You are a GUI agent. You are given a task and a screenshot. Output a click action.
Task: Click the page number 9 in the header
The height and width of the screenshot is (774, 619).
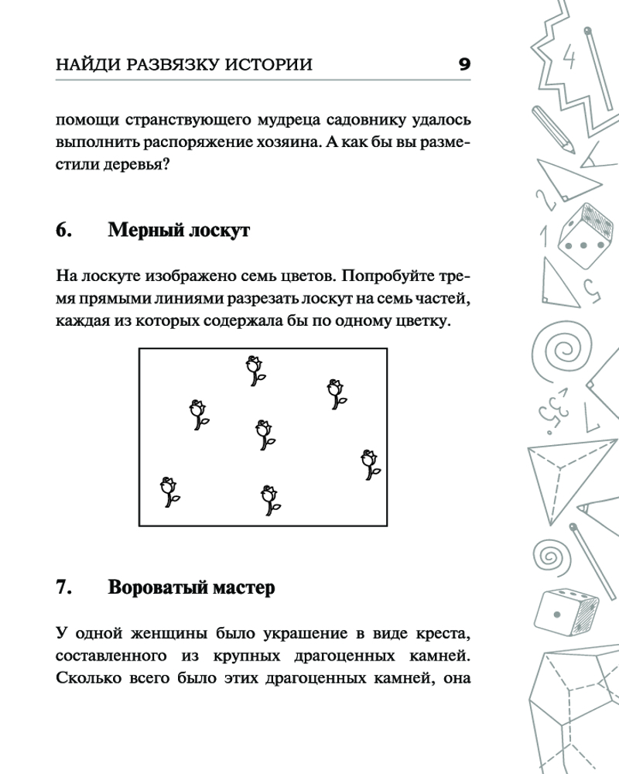464,63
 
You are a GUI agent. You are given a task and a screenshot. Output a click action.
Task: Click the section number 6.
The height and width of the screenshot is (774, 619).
64,230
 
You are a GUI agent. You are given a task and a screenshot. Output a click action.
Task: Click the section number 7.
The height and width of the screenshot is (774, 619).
64,588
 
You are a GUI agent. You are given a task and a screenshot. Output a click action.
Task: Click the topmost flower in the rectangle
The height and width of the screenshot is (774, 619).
254,370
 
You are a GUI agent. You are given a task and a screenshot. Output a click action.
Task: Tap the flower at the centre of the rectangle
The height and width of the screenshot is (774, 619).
265,434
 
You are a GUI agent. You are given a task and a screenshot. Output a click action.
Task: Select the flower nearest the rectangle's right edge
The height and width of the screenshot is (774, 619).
371,464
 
